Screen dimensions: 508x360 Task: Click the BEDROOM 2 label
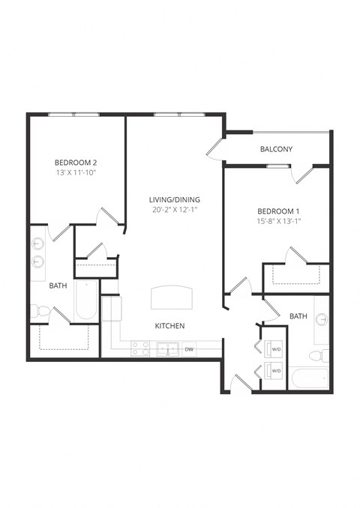[76, 162]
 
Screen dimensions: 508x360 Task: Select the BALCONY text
[276, 149]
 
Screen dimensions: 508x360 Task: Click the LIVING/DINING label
[175, 199]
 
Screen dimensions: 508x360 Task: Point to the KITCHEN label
[169, 326]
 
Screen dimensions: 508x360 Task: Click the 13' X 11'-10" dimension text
[76, 173]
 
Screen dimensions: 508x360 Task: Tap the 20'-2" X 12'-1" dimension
[175, 211]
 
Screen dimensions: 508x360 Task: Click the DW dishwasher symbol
[189, 349]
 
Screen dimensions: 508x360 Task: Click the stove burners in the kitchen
[139, 349]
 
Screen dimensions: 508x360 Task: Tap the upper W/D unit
[273, 348]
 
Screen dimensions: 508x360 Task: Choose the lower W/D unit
[273, 370]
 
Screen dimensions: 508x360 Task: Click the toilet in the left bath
[39, 310]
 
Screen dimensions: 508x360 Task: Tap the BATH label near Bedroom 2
[58, 285]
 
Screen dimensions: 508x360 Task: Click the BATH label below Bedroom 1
[298, 316]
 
